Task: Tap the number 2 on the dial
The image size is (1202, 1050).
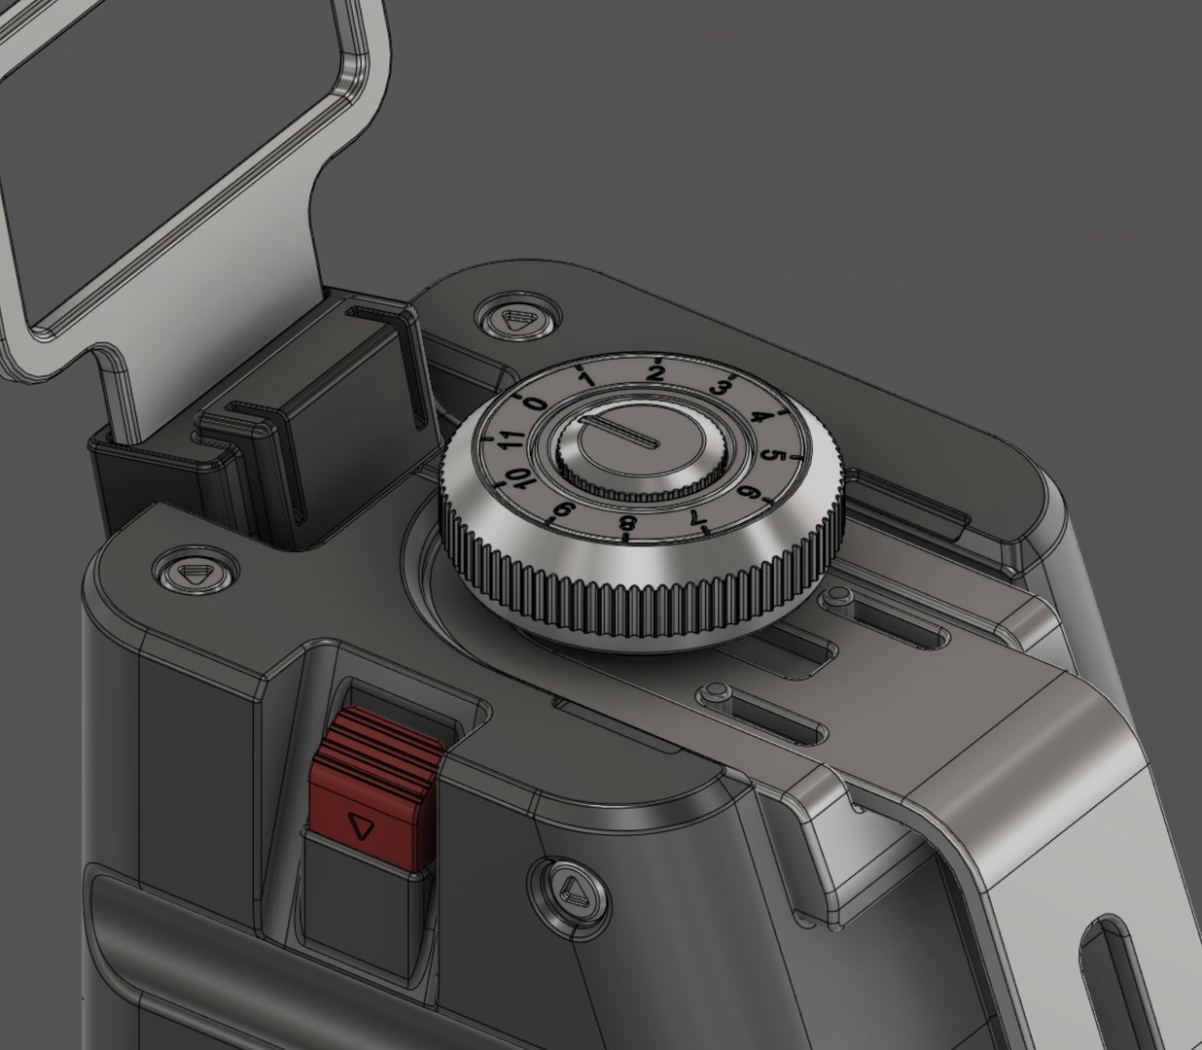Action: (x=655, y=373)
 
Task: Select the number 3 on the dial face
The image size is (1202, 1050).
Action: (x=720, y=388)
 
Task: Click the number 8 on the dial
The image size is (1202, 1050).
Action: (x=627, y=525)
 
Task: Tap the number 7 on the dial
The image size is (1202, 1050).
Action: (x=694, y=517)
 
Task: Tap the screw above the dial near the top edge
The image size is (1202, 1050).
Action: (x=516, y=319)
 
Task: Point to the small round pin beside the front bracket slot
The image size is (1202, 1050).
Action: (x=717, y=691)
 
